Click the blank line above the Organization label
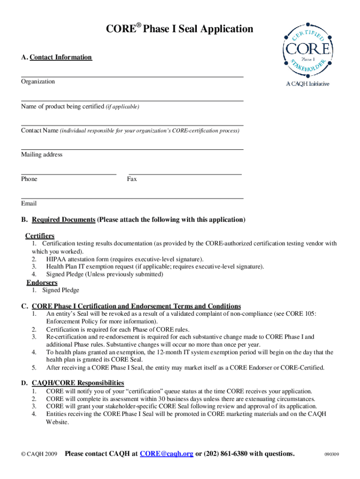tap(132, 76)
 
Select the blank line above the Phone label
tap(68, 174)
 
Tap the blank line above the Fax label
tap(185, 174)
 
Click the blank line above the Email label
tap(132, 198)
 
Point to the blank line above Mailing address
tap(132, 150)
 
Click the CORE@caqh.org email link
tap(166, 453)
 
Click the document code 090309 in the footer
tap(332, 454)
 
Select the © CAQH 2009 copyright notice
tap(40, 454)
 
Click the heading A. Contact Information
tap(56, 57)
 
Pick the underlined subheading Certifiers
tap(40, 236)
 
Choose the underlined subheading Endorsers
tap(42, 283)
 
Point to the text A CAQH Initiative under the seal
tap(308, 84)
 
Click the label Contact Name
tap(40, 131)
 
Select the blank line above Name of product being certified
tap(132, 101)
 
